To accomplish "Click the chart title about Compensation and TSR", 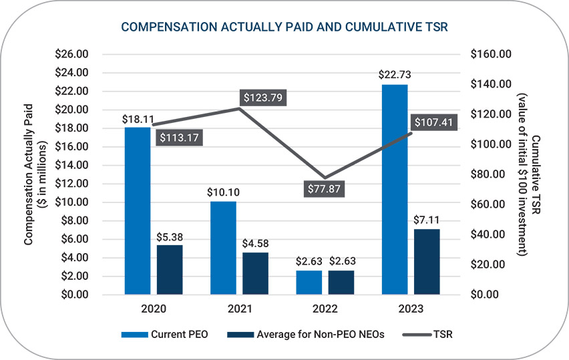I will point(284,27).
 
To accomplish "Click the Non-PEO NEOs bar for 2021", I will point(255,273).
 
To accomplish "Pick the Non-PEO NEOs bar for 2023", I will point(427,261).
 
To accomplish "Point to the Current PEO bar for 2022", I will point(309,282).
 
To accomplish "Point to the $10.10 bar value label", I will point(223,191).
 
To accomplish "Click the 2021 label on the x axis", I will point(239,309).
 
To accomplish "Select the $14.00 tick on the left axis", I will point(75,165).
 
